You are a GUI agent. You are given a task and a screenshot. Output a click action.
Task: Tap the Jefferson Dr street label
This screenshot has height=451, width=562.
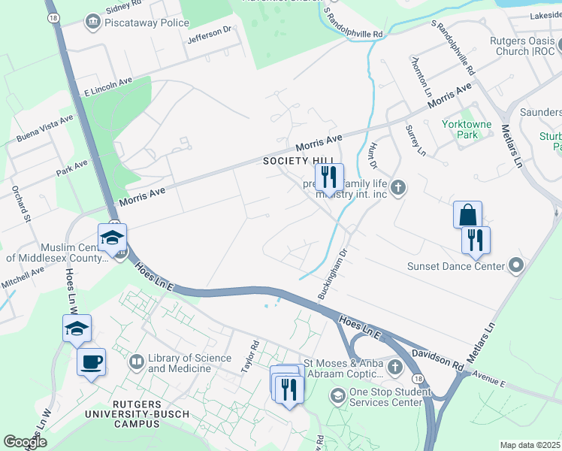210,34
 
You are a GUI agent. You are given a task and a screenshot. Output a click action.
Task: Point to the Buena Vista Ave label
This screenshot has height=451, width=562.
45,129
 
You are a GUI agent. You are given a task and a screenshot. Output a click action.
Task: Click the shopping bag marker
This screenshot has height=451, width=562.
467,214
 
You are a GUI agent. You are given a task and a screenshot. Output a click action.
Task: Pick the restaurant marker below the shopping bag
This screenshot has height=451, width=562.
476,240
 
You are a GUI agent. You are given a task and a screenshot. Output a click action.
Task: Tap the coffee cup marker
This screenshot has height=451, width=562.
92,362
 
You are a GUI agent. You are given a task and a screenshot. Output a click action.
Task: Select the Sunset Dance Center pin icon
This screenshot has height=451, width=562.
515,265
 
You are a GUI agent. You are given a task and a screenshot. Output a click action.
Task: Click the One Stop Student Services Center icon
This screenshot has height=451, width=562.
338,395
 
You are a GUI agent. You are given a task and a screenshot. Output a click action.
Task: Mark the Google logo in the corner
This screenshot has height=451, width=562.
25,442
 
